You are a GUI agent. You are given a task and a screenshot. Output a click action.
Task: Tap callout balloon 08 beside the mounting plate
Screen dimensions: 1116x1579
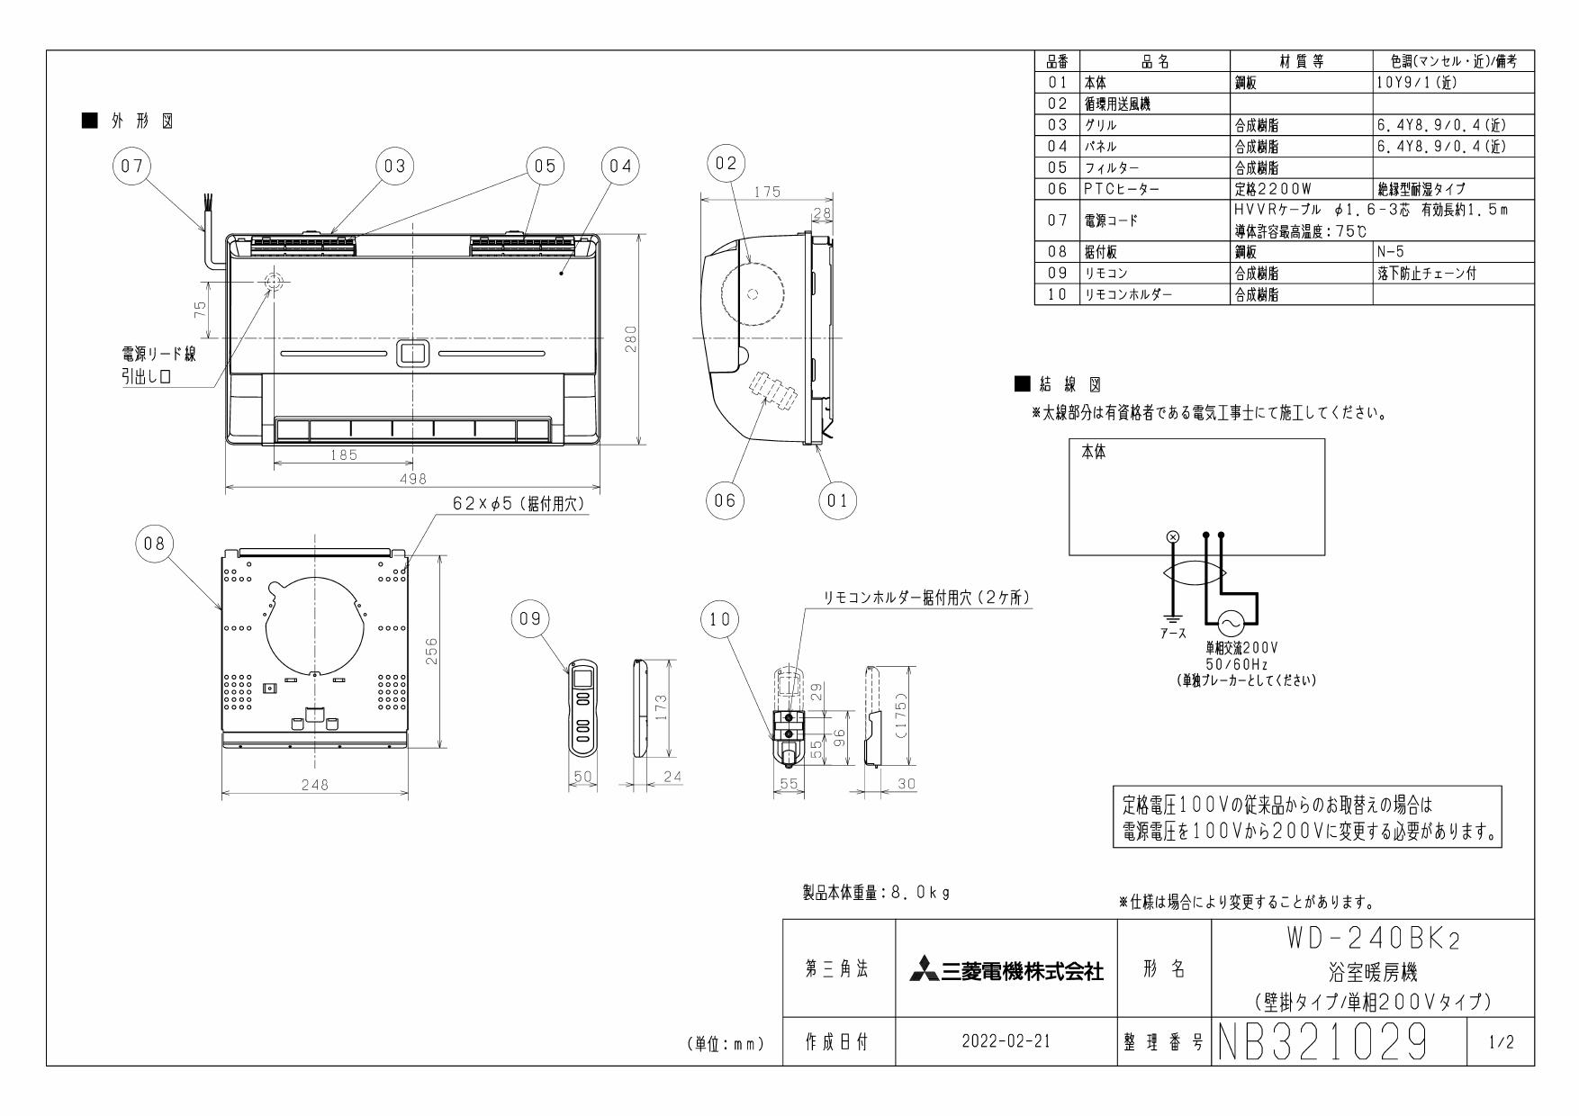point(154,544)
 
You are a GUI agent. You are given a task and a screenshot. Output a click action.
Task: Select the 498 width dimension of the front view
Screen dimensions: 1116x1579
point(412,479)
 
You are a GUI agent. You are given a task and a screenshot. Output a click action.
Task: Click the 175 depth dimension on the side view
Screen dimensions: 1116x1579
point(768,192)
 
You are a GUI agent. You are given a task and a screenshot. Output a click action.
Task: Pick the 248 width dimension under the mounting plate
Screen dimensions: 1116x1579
point(314,784)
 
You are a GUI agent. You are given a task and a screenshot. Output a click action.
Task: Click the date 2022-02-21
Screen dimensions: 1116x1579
point(1006,1042)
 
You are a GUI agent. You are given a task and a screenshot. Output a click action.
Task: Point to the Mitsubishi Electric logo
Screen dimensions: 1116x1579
point(1006,970)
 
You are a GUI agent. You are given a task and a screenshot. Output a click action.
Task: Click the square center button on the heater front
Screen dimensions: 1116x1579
point(412,353)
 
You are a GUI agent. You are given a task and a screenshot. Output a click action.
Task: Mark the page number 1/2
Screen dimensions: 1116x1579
point(1501,1042)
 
